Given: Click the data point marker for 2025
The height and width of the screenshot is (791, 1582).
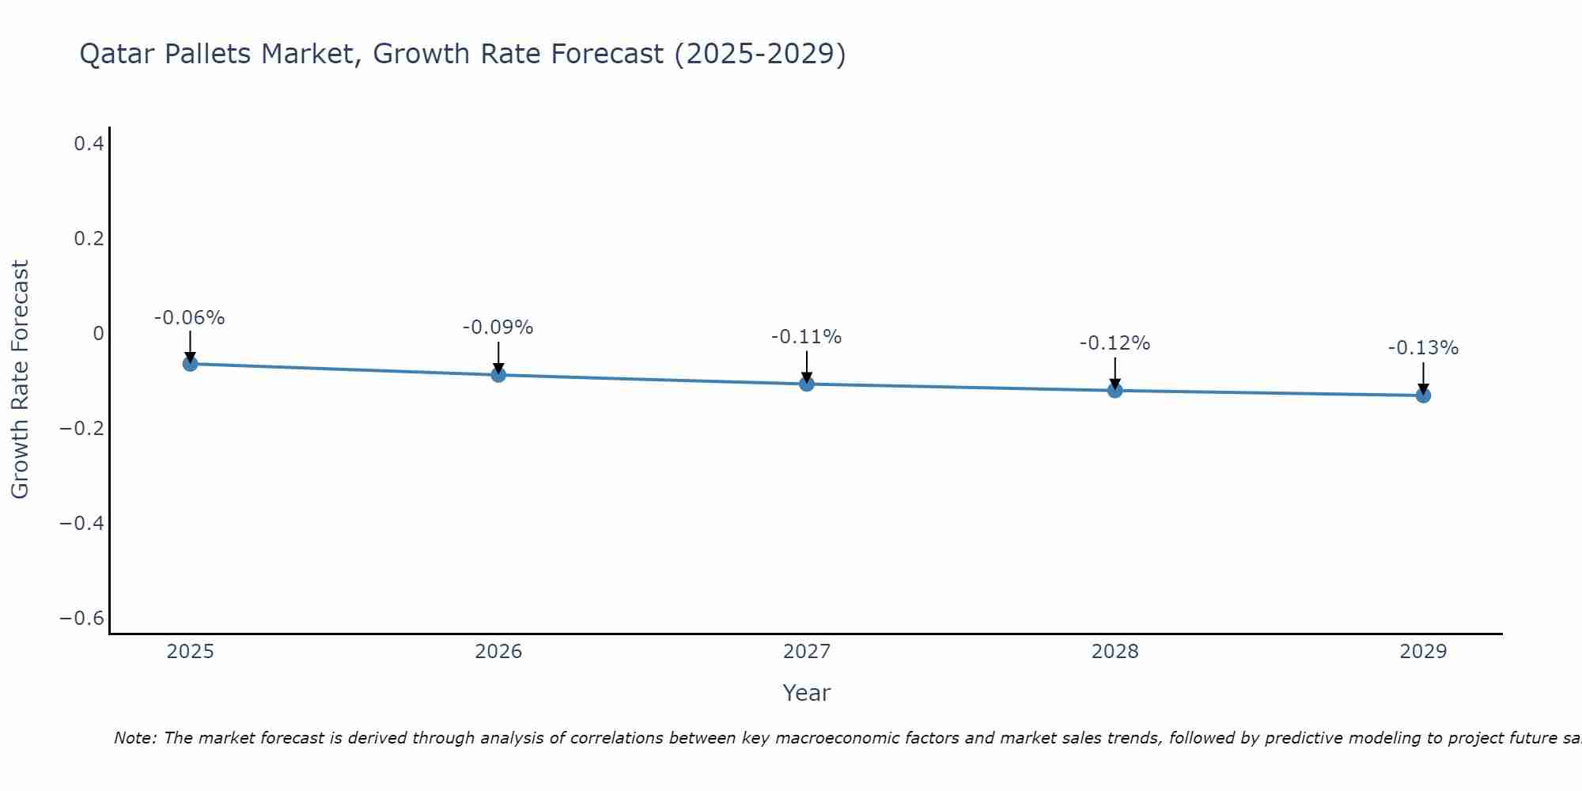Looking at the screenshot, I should pos(190,364).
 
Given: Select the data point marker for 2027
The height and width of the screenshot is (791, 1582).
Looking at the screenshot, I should pos(807,384).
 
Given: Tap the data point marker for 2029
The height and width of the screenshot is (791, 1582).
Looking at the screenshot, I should pos(1423,395).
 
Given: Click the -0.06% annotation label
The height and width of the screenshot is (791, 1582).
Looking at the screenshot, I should pos(189,318).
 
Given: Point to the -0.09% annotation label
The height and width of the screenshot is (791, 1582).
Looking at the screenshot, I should pos(498,327).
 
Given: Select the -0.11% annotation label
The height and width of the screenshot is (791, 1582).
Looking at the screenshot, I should pos(806,337).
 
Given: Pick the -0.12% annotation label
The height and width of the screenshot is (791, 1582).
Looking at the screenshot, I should pos(1115,343).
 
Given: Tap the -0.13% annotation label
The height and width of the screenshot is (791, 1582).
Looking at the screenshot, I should pos(1423,348).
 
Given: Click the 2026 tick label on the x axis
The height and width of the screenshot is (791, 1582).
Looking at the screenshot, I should pos(498,652).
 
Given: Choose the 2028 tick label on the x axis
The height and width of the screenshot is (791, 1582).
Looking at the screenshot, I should pos(1115,652).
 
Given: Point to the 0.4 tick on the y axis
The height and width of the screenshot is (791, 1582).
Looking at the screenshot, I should pos(89,144).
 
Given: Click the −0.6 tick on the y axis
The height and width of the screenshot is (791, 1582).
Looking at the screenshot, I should pos(82,619).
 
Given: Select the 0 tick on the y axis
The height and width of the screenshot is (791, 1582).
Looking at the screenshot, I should pos(98,334).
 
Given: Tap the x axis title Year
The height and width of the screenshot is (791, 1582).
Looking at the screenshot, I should pos(806,693).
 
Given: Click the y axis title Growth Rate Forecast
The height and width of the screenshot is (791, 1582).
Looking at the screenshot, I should pos(20,380).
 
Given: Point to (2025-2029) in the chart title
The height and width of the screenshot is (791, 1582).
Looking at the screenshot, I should pos(759,54).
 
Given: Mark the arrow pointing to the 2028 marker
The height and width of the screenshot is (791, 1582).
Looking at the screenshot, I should pos(1115,373).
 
